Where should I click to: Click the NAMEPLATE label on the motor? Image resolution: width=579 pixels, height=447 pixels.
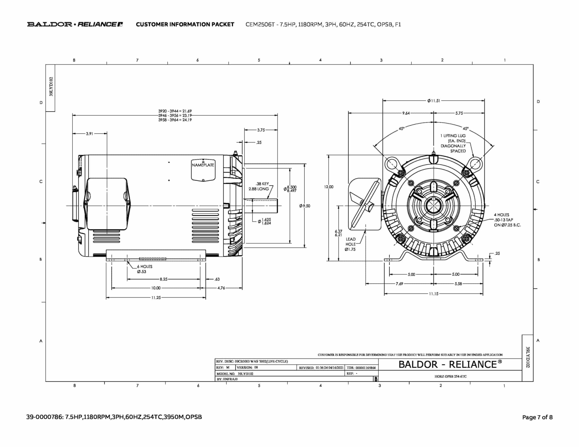[203, 165]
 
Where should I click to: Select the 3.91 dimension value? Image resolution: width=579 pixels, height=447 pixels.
[89, 134]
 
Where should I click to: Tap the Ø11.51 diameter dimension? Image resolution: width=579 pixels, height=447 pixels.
[433, 101]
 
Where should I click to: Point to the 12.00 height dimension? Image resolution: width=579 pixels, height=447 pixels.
[329, 187]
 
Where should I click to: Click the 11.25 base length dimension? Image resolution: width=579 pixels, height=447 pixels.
[156, 298]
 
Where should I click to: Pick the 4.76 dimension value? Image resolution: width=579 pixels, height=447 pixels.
[221, 288]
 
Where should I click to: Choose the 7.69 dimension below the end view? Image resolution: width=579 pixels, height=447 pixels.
[399, 284]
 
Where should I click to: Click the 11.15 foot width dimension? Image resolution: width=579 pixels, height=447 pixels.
[433, 294]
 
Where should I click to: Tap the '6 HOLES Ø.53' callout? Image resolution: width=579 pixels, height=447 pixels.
[144, 269]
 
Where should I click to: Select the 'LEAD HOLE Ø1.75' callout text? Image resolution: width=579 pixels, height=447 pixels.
[351, 244]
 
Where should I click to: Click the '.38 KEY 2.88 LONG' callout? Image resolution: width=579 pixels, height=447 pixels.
[259, 186]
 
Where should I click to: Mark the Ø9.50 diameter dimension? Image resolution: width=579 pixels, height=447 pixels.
[305, 206]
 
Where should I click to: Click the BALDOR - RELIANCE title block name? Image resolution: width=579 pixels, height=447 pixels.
[450, 364]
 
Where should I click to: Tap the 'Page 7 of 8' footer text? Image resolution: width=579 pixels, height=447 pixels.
[537, 417]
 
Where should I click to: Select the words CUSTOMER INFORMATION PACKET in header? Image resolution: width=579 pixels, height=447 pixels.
[185, 24]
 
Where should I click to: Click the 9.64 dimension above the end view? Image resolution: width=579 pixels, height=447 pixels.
[406, 113]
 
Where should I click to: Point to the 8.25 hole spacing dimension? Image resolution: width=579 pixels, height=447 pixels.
[163, 279]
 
